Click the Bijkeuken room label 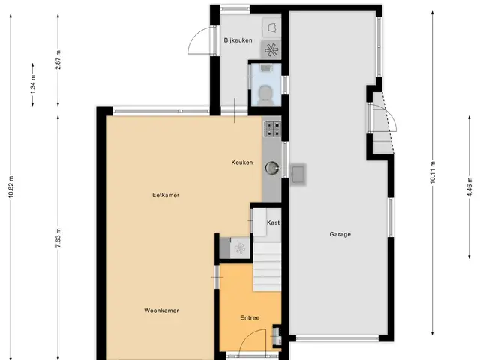click(x=238, y=40)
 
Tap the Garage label click(x=340, y=234)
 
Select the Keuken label click(x=242, y=163)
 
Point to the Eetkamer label click(x=166, y=195)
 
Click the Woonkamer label click(x=162, y=310)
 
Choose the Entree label click(x=250, y=318)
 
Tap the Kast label click(x=273, y=223)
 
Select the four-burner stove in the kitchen click(x=272, y=128)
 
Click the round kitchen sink click(x=272, y=168)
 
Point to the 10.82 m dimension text click(x=11, y=187)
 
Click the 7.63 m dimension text click(x=58, y=238)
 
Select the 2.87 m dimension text click(x=58, y=60)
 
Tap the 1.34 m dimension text click(x=33, y=84)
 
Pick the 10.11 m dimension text click(x=433, y=172)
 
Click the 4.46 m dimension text click(x=470, y=187)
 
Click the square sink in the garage click(x=298, y=174)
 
